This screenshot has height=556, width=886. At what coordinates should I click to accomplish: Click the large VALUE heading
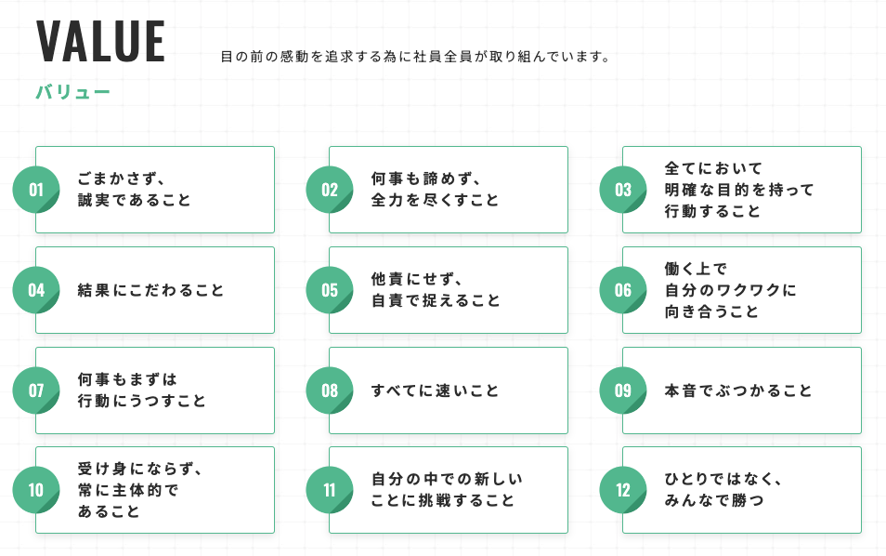(100, 41)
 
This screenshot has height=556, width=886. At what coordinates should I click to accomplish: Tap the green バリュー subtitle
(72, 92)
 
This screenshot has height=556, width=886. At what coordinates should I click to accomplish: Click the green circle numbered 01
(36, 190)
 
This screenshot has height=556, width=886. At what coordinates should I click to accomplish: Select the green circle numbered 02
(330, 190)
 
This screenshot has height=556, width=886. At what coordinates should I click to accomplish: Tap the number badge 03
(622, 190)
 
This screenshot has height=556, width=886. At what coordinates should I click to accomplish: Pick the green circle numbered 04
(36, 290)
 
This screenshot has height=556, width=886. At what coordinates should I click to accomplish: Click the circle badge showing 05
(330, 290)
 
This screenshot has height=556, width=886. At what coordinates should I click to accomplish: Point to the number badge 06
(622, 290)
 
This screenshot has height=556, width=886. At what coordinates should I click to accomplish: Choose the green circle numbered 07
(36, 391)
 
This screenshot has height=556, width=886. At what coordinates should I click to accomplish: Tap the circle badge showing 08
(330, 391)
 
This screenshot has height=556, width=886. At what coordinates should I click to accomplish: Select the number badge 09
(622, 391)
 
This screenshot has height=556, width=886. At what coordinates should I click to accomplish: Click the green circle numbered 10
(36, 490)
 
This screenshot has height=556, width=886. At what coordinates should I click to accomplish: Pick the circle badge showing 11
(330, 490)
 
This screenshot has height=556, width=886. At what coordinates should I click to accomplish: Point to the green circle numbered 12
(622, 490)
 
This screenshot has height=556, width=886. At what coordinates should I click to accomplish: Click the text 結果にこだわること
(150, 291)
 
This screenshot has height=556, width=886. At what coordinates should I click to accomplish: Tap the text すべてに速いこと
(435, 391)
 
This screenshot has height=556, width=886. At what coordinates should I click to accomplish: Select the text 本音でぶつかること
(738, 391)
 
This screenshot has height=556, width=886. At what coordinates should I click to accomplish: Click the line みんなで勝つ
(714, 500)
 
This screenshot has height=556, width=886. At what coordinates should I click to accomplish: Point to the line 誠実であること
(135, 200)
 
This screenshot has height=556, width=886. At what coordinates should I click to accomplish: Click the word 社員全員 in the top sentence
(443, 57)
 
